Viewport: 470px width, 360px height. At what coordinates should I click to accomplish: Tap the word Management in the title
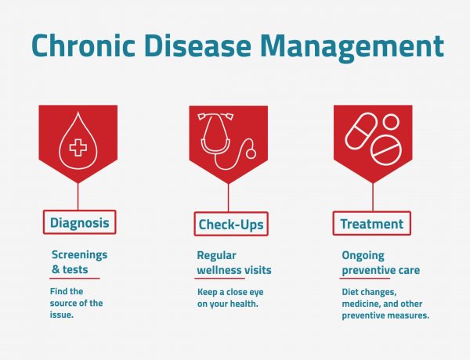pos(353,45)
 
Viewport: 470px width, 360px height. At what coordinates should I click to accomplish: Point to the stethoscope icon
pos(228,141)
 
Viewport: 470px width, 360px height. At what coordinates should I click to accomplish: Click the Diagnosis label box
pos(78,222)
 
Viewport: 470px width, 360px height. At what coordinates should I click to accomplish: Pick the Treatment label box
pos(371,224)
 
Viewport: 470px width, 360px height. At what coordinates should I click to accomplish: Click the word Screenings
pos(79,255)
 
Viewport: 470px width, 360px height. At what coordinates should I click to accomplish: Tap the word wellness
pos(217,270)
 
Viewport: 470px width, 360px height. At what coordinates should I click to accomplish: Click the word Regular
pos(216,255)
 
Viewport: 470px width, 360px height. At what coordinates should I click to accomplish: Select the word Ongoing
pos(363,255)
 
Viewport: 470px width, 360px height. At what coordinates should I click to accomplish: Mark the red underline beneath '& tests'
pos(75,278)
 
